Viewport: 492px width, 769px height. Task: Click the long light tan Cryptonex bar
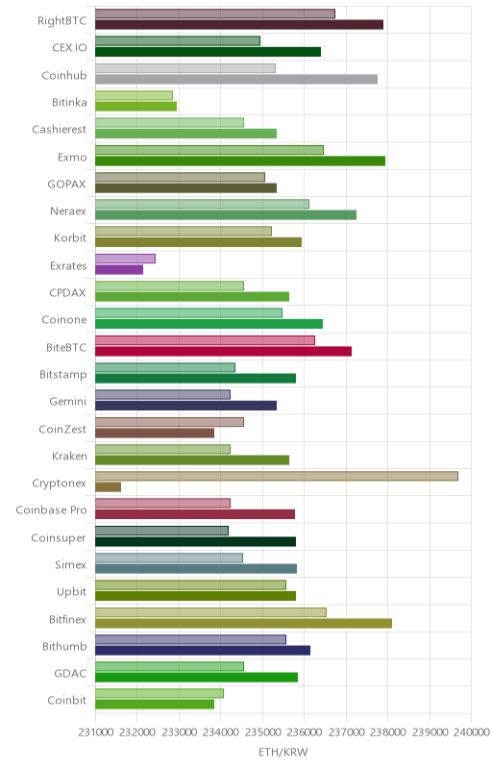(x=277, y=476)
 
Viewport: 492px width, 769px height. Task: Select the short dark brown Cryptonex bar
(x=108, y=487)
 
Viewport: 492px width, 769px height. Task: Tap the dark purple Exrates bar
(x=119, y=270)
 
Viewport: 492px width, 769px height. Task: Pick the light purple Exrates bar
(x=125, y=259)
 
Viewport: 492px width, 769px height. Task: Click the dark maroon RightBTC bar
(x=239, y=25)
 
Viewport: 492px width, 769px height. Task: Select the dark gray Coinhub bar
(x=236, y=79)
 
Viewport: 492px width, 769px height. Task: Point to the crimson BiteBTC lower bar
(x=224, y=351)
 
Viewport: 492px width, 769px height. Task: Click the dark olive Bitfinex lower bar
(x=243, y=623)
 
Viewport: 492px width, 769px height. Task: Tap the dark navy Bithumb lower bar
(x=203, y=651)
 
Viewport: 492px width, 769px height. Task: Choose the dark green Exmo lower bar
(x=240, y=161)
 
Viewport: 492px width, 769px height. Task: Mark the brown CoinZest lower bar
(x=155, y=434)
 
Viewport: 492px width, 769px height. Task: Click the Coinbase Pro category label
(x=52, y=510)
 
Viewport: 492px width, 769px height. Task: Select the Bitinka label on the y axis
(x=69, y=102)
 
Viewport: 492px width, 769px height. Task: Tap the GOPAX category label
(x=66, y=184)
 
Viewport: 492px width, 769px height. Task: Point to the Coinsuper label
(x=59, y=538)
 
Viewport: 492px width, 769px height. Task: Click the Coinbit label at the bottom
(x=66, y=701)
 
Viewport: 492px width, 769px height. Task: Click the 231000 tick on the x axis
(x=95, y=732)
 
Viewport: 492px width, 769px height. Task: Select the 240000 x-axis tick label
(x=472, y=732)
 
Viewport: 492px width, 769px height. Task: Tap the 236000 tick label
(x=305, y=732)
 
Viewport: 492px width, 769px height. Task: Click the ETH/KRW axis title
(x=283, y=753)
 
